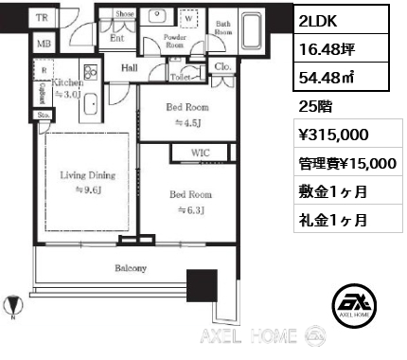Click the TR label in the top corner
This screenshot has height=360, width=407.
pos(41,18)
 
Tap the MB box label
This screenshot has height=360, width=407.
pos(41,44)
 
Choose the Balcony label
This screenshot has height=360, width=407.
pos(132,269)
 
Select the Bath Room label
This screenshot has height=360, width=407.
pos(222,27)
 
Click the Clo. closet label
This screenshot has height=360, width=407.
pos(224,68)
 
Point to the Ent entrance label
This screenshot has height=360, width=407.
pos(117,39)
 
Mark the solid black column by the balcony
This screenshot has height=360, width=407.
pos(201,285)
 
